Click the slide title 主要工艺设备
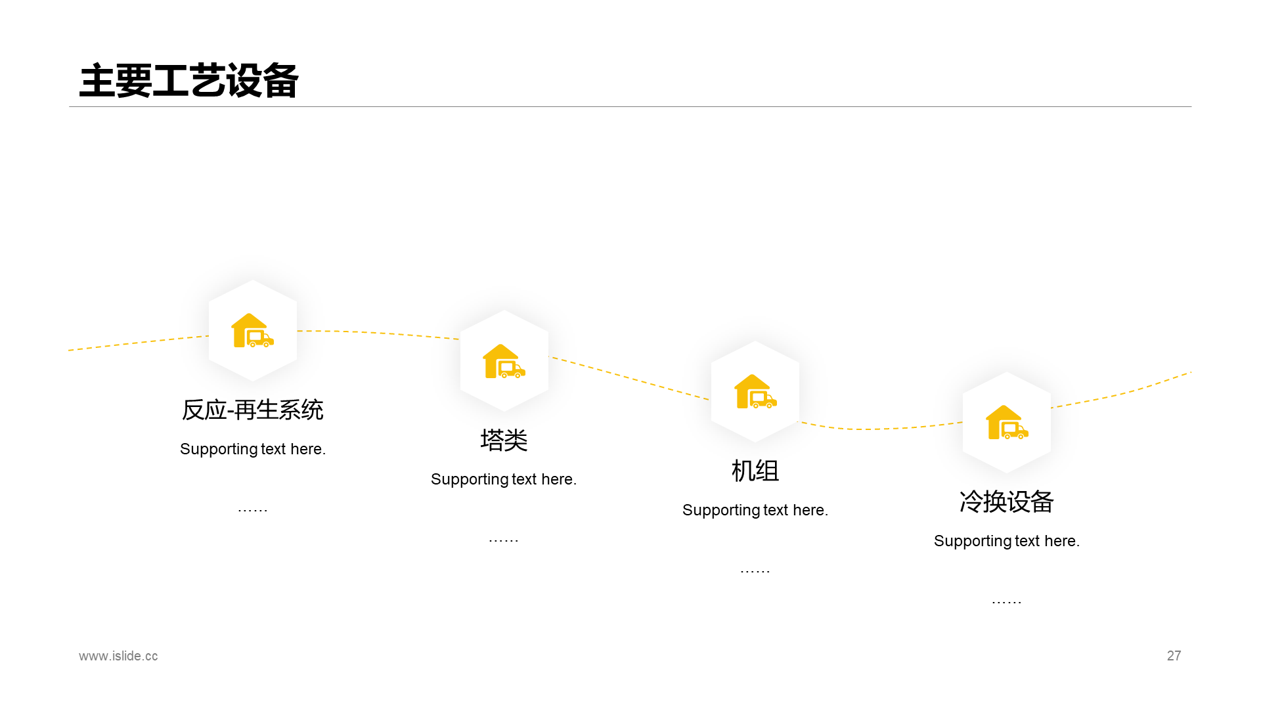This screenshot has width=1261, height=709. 188,81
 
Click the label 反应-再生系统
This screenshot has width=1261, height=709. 253,410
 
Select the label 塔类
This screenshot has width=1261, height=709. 504,440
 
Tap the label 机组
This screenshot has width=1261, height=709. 755,471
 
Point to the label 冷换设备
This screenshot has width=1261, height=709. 1006,502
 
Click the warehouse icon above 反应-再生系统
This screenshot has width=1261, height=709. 252,330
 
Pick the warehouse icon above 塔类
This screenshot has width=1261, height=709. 504,361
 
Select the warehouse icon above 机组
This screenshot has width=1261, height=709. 755,392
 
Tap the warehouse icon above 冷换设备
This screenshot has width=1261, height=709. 1007,423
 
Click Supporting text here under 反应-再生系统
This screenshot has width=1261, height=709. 253,449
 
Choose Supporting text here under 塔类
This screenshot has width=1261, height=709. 504,480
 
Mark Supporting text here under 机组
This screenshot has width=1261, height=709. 755,511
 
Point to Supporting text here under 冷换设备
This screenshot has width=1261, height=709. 1006,542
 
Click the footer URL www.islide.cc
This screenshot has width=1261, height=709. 118,656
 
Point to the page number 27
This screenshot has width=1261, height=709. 1174,656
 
